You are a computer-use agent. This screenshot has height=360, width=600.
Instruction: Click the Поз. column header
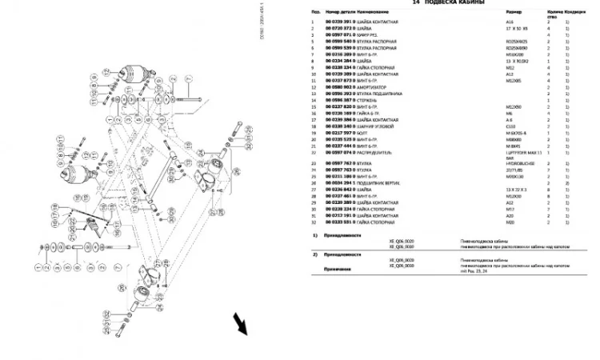click(317, 14)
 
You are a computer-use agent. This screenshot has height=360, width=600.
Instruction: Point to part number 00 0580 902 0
click(340, 86)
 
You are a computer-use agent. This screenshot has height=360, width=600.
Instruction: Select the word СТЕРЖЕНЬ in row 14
click(368, 98)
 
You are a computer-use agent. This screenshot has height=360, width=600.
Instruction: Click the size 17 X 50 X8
click(517, 28)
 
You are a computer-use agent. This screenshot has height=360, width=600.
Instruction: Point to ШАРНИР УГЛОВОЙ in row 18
click(379, 125)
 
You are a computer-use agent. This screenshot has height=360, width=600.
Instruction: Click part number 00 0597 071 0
click(340, 34)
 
